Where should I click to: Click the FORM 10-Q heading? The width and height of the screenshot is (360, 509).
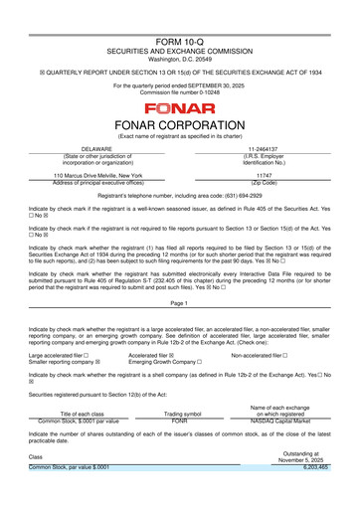(180, 11)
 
